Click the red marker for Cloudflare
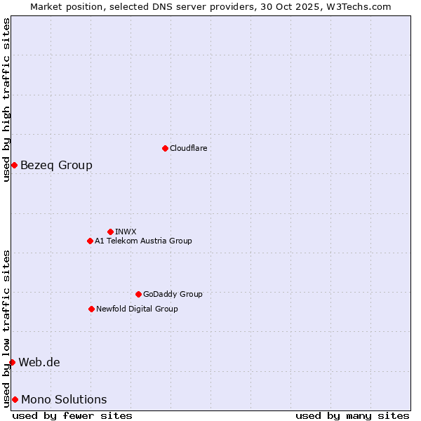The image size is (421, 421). [x=165, y=148]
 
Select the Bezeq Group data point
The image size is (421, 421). [x=14, y=165]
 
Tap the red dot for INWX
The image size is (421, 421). [x=110, y=232]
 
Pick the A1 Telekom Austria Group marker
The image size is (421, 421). [x=90, y=241]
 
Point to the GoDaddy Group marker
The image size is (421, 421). [x=138, y=294]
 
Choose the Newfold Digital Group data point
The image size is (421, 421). [x=91, y=309]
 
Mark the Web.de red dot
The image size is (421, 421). [x=12, y=362]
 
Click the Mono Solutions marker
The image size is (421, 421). [x=15, y=399]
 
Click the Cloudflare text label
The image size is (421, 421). [x=189, y=148]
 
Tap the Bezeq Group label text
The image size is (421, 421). [x=56, y=165]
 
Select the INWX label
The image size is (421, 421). [x=126, y=232]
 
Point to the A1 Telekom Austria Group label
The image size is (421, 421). [x=143, y=241]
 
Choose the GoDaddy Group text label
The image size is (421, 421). [x=173, y=294]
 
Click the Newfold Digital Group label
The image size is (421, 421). [x=137, y=309]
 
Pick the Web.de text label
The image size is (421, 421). [x=39, y=362]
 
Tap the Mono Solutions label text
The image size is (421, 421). [x=64, y=399]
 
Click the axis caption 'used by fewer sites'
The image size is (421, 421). [x=72, y=415]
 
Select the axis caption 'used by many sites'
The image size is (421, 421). [x=352, y=415]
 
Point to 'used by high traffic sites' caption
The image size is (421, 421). [x=6, y=100]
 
